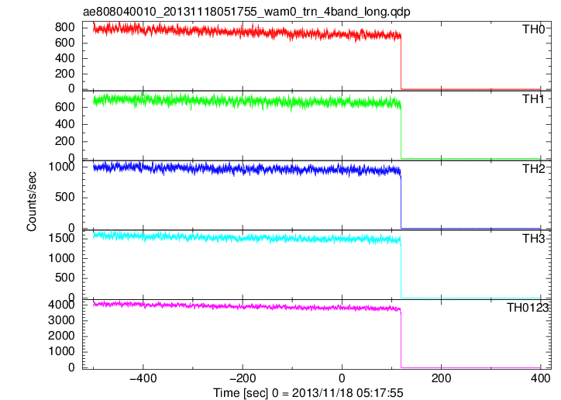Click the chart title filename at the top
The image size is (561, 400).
(x=246, y=12)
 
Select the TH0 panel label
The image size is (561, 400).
(x=533, y=29)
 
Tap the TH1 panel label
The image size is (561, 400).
(x=533, y=98)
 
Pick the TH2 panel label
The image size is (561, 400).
(x=533, y=168)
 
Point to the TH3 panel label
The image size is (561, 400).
(x=533, y=238)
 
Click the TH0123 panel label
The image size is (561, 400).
(x=528, y=307)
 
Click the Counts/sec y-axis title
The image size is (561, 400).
(x=32, y=202)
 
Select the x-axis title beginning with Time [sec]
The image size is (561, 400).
(x=308, y=392)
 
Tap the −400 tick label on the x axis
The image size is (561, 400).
(x=143, y=378)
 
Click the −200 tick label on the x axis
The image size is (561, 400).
(x=243, y=378)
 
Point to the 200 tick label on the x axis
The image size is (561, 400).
(x=441, y=378)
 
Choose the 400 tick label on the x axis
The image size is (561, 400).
(x=540, y=378)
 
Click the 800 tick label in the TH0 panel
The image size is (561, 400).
(x=65, y=27)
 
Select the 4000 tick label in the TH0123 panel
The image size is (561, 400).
(x=61, y=305)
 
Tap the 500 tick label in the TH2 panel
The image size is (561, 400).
(x=65, y=197)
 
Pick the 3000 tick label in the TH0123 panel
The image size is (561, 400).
(x=61, y=320)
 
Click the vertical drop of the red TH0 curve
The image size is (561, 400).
(x=401, y=62)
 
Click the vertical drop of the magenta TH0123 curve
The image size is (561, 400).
(x=401, y=340)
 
